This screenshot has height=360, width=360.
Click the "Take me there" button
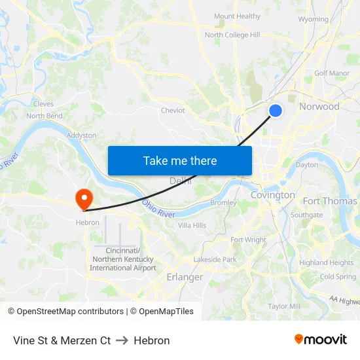point(180,160)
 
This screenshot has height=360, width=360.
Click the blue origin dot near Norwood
point(276,111)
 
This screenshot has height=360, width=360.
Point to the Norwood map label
point(319,106)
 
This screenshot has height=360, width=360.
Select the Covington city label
point(272,195)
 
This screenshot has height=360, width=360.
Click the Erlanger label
point(185,277)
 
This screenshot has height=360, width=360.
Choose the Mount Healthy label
point(237,16)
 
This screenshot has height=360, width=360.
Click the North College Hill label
point(232,35)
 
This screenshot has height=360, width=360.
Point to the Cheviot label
point(173,111)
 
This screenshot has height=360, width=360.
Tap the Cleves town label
point(43,103)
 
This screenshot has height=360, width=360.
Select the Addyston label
point(81,135)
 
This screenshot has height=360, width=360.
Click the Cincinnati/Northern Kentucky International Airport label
point(123,259)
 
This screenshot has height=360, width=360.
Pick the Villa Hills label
point(192,225)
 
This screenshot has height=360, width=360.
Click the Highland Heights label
point(326,262)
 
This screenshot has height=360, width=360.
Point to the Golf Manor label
point(332,73)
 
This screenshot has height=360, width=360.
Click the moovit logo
point(320,340)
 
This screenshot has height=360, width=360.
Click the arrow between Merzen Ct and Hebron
point(122,340)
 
